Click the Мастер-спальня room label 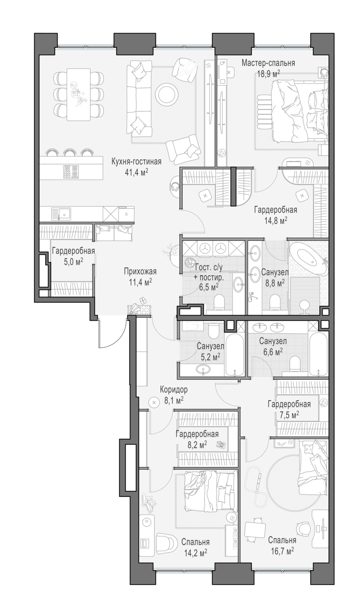[268, 63]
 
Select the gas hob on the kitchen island [70, 171]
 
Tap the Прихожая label [140, 271]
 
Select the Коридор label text [174, 390]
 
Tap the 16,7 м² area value [282, 551]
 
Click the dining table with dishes [78, 94]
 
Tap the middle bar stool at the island [70, 152]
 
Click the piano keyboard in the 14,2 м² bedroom [232, 540]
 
